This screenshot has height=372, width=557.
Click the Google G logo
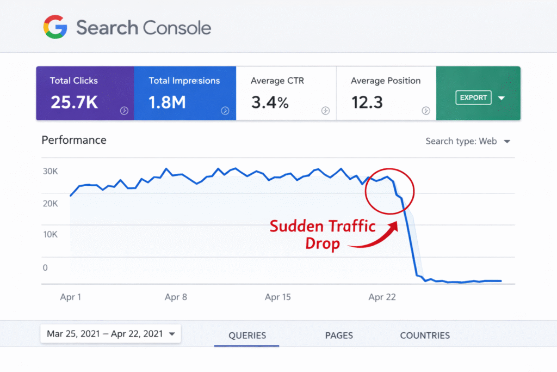click(x=55, y=27)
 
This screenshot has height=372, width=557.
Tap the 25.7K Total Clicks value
click(x=75, y=102)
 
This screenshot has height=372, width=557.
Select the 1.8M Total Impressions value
click(x=168, y=102)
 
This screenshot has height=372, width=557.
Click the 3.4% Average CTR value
click(x=270, y=102)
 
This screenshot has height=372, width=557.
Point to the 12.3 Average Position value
click(x=367, y=102)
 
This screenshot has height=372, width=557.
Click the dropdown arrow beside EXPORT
click(x=502, y=98)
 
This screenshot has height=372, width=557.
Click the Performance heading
click(x=74, y=140)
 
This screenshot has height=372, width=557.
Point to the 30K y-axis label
click(x=51, y=172)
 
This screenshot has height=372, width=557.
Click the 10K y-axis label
click(x=51, y=235)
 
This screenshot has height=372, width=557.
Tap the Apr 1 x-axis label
click(x=71, y=297)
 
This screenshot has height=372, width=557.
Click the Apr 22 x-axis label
click(x=382, y=297)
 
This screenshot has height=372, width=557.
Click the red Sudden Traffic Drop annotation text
click(x=323, y=234)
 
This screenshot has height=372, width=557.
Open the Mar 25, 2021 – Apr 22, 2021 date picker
click(x=110, y=334)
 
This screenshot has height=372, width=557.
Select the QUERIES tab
click(x=247, y=336)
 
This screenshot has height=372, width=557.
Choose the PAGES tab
click(x=339, y=336)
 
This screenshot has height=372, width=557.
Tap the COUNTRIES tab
click(x=425, y=336)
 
